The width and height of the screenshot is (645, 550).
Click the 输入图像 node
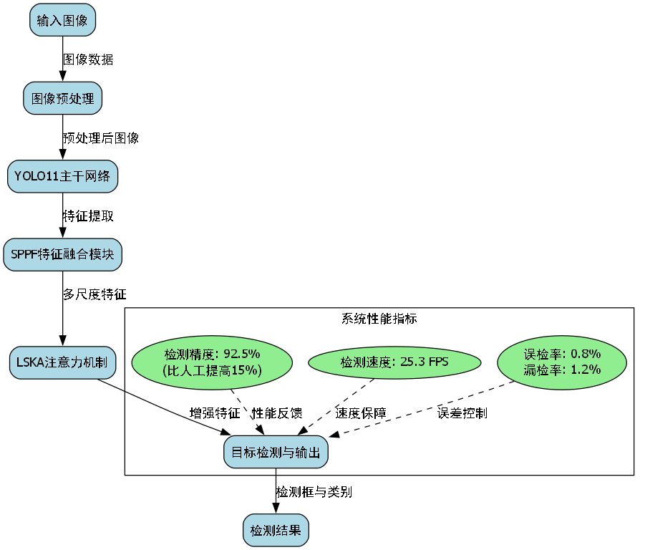(x=62, y=20)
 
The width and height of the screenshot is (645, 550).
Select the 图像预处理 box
(x=62, y=98)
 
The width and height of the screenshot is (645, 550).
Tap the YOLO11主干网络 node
(x=62, y=176)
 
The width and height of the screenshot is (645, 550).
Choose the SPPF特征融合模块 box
(x=62, y=254)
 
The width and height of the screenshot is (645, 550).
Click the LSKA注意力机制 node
(x=62, y=362)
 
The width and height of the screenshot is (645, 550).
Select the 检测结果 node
(x=276, y=531)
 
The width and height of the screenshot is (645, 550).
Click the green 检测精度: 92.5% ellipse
(x=213, y=362)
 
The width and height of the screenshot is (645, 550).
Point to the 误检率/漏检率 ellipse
(x=562, y=362)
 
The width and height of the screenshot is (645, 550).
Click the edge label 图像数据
(x=88, y=59)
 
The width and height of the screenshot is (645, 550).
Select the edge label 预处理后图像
(x=101, y=138)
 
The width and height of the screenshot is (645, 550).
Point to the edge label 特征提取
(x=88, y=216)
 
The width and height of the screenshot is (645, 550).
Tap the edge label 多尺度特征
(x=94, y=294)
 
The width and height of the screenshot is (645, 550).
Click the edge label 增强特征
(x=215, y=413)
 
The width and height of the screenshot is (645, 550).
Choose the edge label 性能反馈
(x=277, y=413)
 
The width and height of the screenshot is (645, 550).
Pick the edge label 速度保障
(x=361, y=413)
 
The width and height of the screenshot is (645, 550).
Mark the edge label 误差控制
(x=462, y=413)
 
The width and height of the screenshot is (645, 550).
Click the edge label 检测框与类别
(x=314, y=492)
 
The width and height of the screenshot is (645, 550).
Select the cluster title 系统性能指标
(x=379, y=319)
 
